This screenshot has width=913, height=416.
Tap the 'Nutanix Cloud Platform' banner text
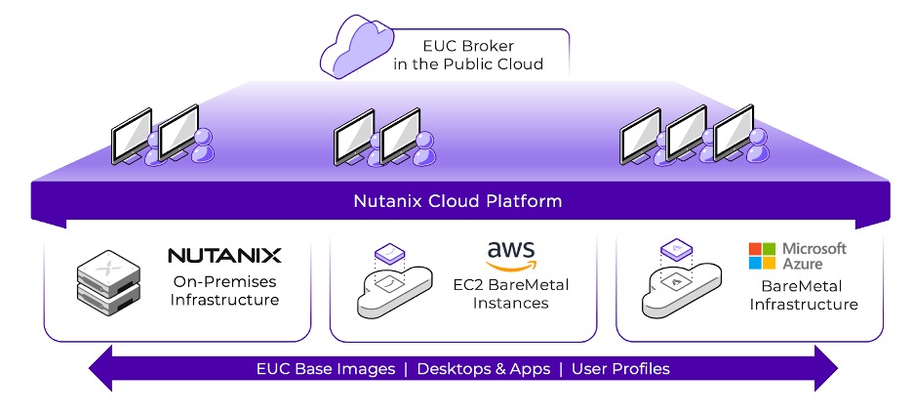[456, 202]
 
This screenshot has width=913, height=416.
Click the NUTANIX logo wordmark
[224, 256]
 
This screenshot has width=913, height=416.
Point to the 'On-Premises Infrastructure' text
[225, 290]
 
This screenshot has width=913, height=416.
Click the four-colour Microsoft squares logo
[761, 257]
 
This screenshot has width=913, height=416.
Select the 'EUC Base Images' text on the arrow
[325, 369]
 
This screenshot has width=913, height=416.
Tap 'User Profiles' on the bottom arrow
[620, 369]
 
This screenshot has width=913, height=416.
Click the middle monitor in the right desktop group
[687, 132]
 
